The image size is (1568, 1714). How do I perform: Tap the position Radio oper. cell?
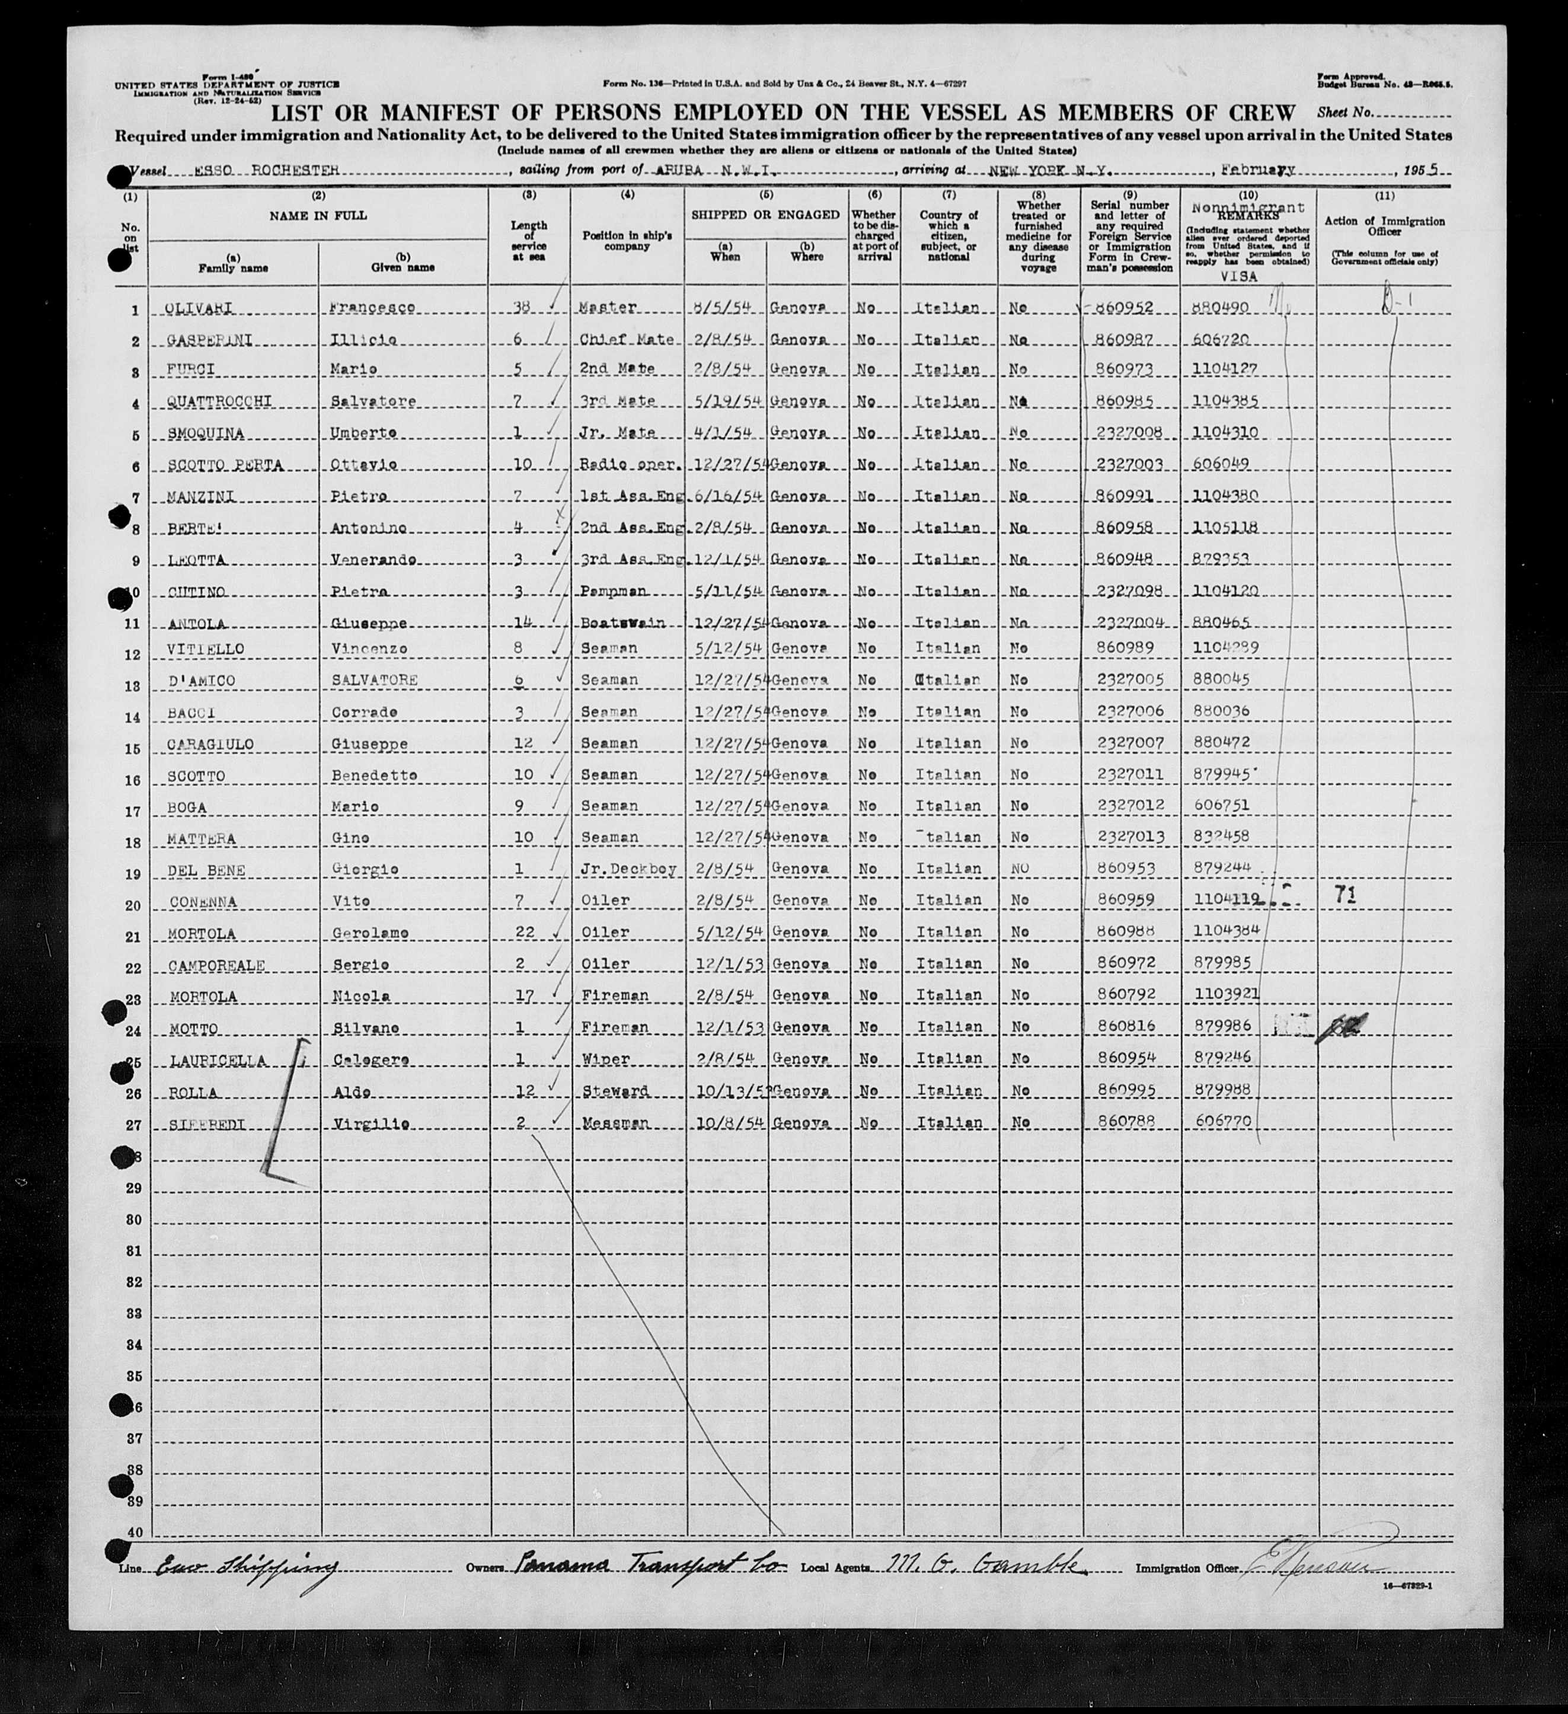pyautogui.click(x=627, y=465)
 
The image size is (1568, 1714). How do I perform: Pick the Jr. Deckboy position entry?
pyautogui.click(x=628, y=869)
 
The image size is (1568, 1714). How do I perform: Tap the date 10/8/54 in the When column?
pyautogui.click(x=724, y=1122)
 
